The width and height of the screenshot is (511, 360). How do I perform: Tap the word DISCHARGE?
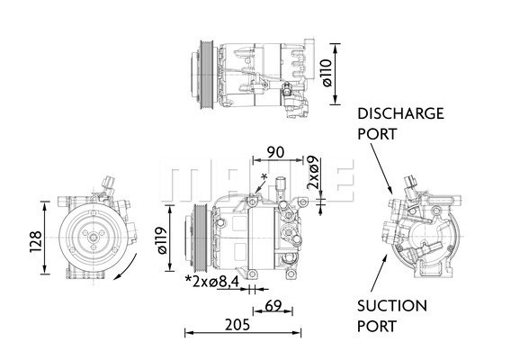point(400,114)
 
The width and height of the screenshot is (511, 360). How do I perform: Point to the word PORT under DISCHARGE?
point(377,133)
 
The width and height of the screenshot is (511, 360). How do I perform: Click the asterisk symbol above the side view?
point(263,176)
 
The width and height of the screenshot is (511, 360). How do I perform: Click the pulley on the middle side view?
point(193,238)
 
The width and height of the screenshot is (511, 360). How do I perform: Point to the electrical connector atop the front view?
point(110,184)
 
